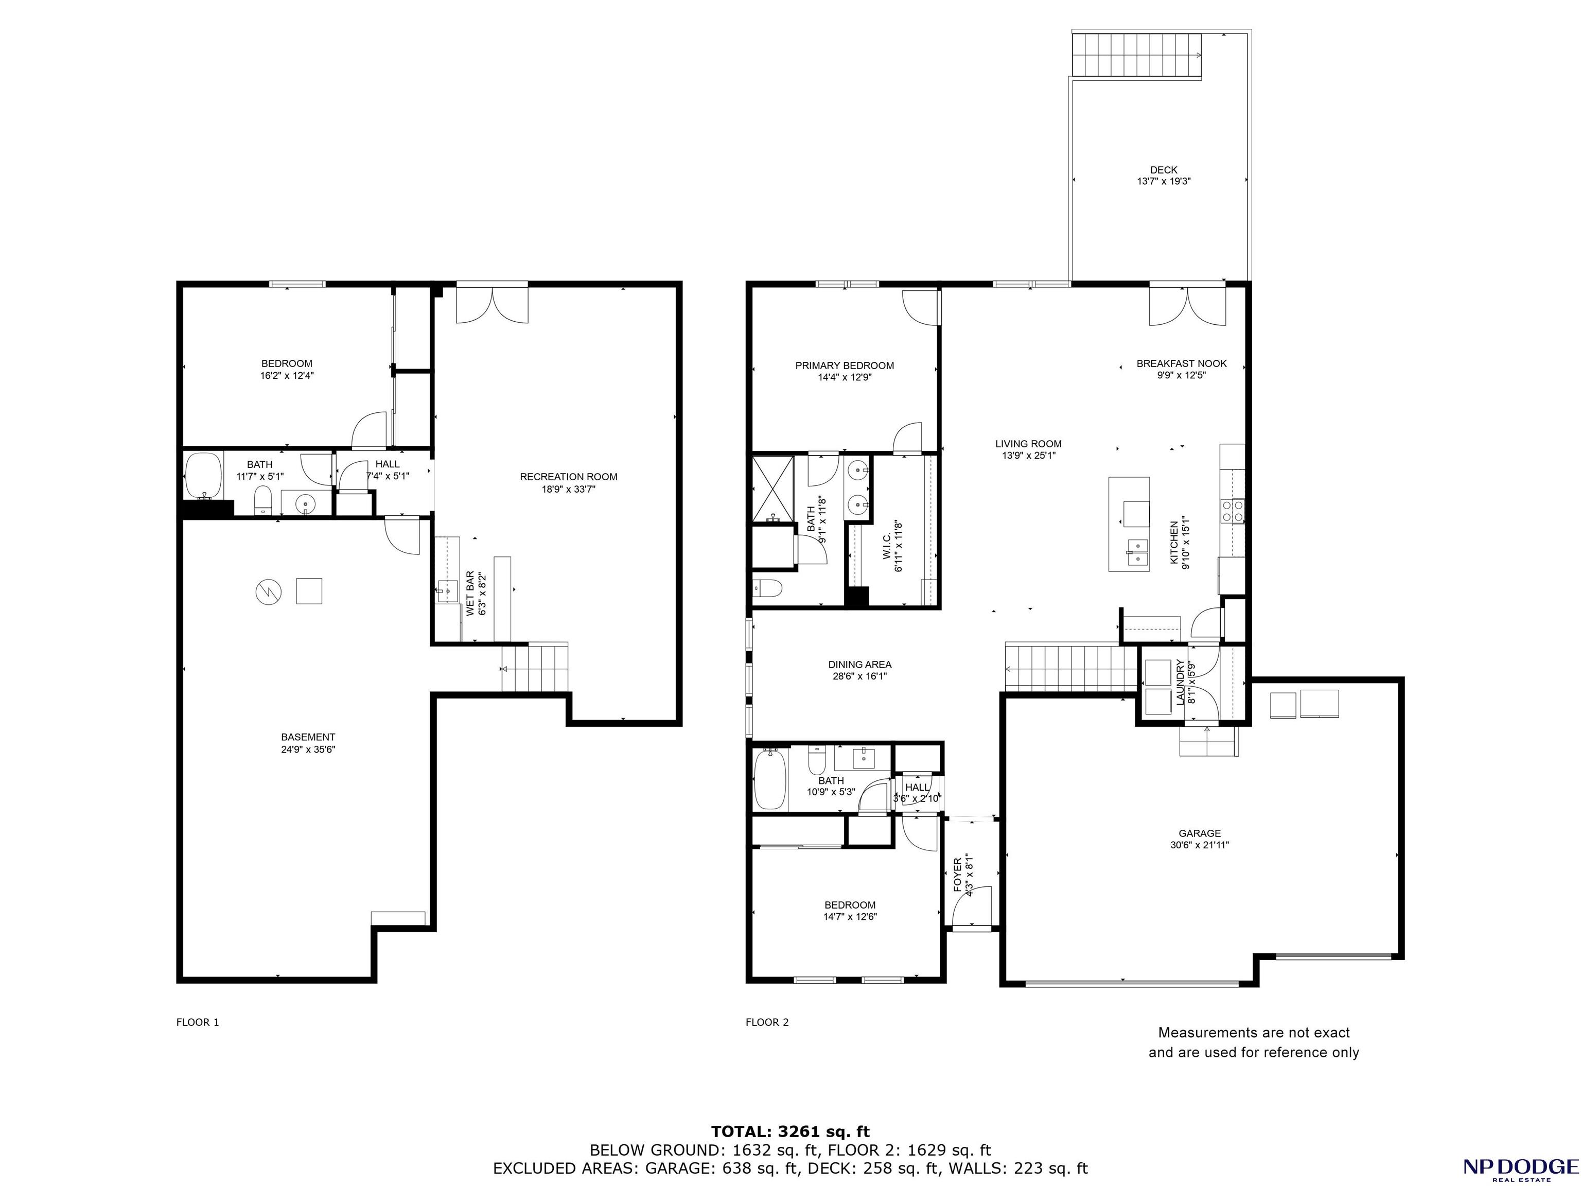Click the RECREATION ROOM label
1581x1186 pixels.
[x=568, y=477]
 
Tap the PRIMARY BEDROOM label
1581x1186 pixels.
[x=844, y=365]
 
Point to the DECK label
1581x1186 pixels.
[x=1164, y=170]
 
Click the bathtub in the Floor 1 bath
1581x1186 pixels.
[x=204, y=475]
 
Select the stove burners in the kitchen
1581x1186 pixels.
[x=1232, y=511]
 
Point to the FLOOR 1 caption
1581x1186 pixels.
[x=197, y=1022]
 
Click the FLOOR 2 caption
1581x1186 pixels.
[x=767, y=1022]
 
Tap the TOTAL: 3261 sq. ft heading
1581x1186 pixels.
[x=790, y=1131]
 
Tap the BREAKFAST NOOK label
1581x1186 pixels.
[x=1182, y=363]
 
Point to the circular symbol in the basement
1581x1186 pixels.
[x=269, y=591]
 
